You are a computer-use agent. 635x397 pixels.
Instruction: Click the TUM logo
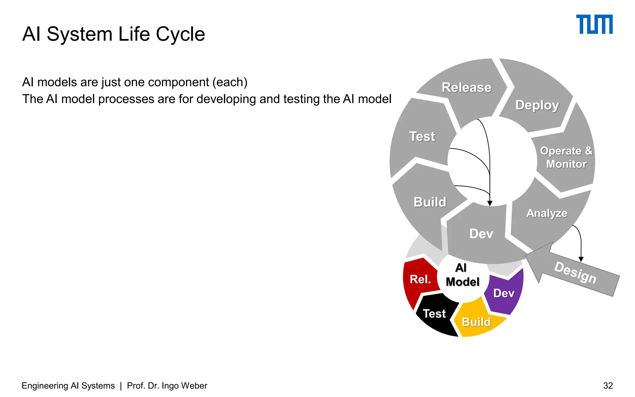(x=594, y=24)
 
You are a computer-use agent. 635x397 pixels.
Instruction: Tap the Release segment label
(x=466, y=87)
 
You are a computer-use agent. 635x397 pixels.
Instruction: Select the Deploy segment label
(x=537, y=105)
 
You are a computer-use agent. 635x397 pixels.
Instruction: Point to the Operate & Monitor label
(x=566, y=157)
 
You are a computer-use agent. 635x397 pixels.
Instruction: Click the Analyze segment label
(x=547, y=213)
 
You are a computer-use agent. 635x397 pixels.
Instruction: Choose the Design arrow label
(x=575, y=273)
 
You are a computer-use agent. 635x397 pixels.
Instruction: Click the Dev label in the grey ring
(x=481, y=234)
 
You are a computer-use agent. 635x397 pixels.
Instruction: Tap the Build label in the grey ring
(x=430, y=202)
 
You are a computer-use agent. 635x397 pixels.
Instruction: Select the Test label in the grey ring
(x=422, y=136)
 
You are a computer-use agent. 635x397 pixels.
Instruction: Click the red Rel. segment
(x=420, y=279)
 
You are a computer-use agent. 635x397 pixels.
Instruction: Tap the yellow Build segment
(x=476, y=322)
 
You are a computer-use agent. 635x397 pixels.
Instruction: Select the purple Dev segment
(x=504, y=293)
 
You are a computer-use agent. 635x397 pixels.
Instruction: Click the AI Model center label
(x=462, y=275)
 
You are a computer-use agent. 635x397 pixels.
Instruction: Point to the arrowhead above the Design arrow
(x=581, y=259)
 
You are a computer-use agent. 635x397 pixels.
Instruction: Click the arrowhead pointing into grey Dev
(x=490, y=203)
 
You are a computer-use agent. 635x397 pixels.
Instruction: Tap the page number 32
(x=608, y=386)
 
